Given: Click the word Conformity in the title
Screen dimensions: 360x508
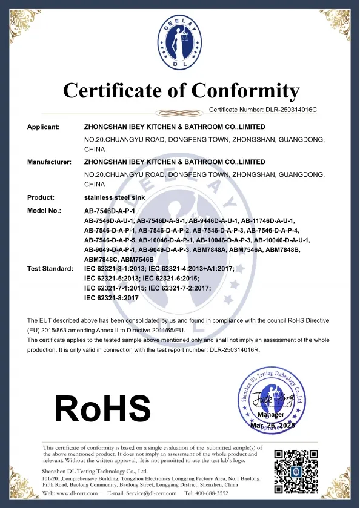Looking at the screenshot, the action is point(245,91).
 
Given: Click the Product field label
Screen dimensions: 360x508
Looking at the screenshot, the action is point(41,197).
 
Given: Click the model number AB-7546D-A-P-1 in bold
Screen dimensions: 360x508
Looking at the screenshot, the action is point(109,210).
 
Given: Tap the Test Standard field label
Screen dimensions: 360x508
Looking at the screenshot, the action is point(50,268).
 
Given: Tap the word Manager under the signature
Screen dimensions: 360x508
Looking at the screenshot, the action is point(271,415).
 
